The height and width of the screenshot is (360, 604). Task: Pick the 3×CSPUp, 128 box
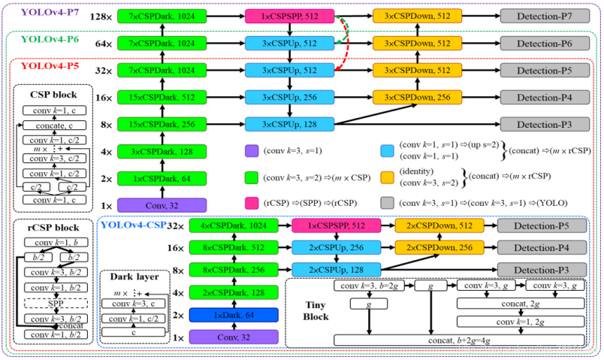[290, 125]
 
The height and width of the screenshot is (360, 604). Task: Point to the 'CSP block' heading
[53, 95]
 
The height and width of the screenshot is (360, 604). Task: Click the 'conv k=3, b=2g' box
[368, 286]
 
